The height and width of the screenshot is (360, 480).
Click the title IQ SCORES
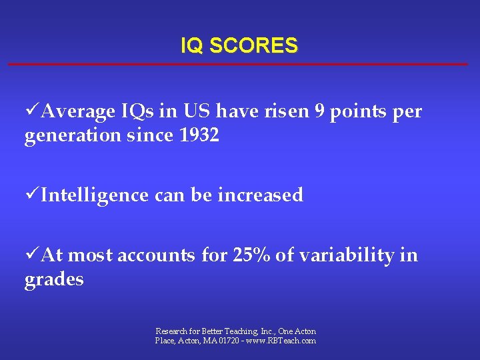239,46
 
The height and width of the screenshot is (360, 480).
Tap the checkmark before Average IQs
32,111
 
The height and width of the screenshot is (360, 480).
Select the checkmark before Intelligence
32,195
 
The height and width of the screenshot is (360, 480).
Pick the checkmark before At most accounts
32,255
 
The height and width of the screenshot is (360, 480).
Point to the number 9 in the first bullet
320,111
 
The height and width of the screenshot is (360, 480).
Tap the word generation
68,137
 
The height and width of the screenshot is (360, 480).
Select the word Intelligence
95,195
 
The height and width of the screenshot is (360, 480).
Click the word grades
54,279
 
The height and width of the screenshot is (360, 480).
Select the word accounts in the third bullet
155,255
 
